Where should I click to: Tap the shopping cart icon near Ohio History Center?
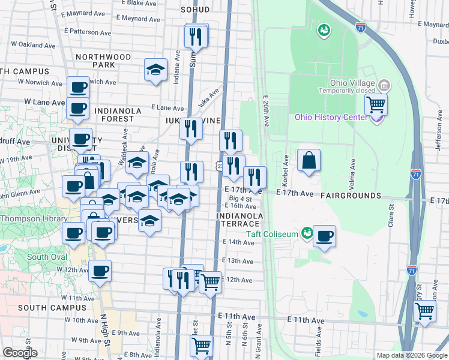[x=376, y=106]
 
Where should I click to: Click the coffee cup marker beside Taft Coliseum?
[x=324, y=236]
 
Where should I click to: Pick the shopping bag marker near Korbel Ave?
[x=308, y=160]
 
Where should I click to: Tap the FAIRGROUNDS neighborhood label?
[x=351, y=196]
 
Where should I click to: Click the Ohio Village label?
[x=352, y=83]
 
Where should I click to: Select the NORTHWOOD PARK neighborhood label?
[x=103, y=61]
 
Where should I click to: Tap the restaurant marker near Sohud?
[x=196, y=37]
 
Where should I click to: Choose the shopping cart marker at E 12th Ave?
[x=209, y=281]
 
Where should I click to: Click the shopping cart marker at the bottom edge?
[x=201, y=346]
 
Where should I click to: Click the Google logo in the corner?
[x=20, y=353]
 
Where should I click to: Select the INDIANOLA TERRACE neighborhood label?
[x=240, y=220]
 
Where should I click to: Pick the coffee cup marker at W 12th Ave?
[x=100, y=271]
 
